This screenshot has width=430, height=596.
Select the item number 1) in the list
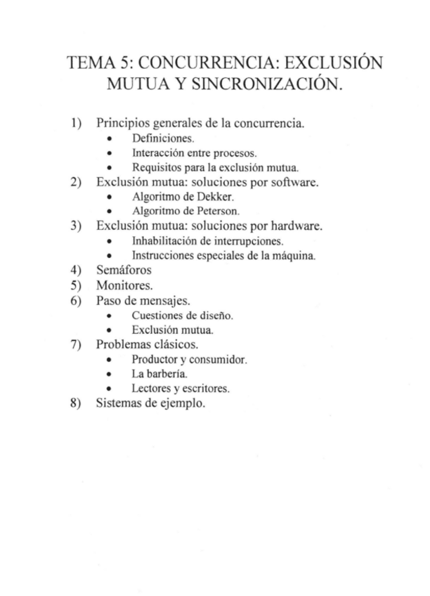(77, 124)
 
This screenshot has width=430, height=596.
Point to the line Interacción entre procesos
(194, 153)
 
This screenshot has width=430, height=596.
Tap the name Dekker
(209, 197)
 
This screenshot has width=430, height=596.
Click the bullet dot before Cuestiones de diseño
(109, 316)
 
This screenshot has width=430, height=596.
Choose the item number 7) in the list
(77, 344)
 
